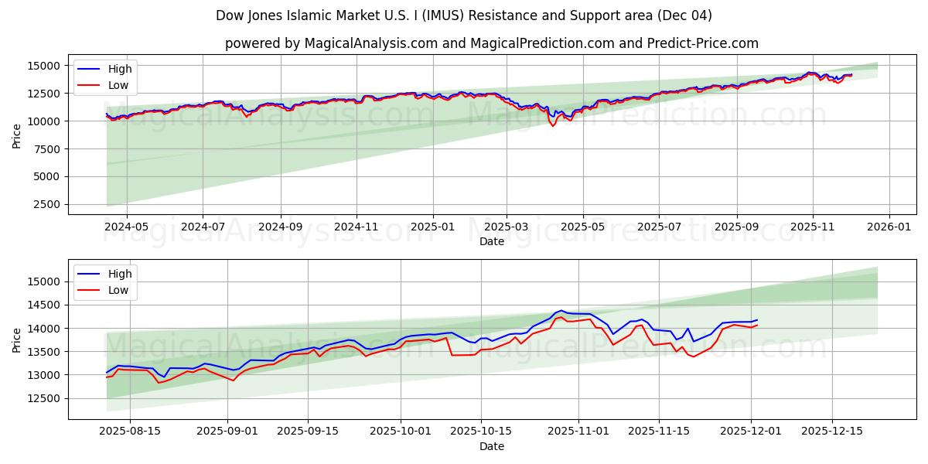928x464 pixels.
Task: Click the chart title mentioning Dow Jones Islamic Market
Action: point(464,15)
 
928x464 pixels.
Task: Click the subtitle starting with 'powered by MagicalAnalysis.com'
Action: point(492,43)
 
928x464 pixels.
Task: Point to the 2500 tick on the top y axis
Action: point(45,204)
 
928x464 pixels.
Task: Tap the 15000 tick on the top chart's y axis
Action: point(42,66)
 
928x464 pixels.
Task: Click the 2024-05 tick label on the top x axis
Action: point(126,227)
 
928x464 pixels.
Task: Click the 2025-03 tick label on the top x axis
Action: point(507,227)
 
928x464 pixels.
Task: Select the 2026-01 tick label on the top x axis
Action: point(889,227)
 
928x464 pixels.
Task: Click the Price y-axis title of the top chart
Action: point(17,135)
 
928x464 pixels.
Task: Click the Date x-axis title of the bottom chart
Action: point(492,446)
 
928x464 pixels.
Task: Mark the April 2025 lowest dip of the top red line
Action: point(552,125)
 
